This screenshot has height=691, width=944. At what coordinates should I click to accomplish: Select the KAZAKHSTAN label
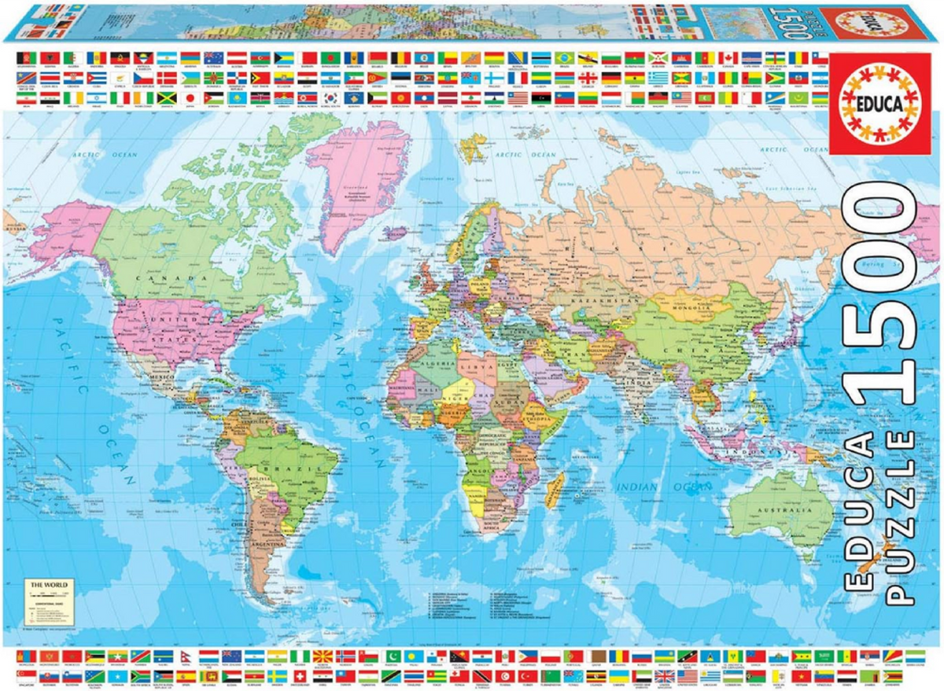pyautogui.click(x=606, y=301)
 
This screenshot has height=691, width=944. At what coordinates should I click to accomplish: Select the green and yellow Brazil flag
pyautogui.click(x=563, y=57)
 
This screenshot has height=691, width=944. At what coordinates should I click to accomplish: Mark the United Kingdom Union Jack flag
pyautogui.click(x=665, y=675)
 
